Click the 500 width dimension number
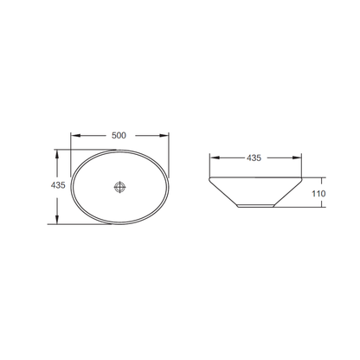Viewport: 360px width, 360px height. (119, 135)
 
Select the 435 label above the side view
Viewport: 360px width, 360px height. (254, 158)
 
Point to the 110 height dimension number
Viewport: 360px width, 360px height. (318, 194)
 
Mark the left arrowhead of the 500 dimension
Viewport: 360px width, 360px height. (74, 135)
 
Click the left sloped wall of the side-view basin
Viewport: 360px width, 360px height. (223, 194)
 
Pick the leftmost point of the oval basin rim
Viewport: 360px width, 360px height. (71, 187)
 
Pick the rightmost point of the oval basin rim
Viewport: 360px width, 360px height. (169, 187)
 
